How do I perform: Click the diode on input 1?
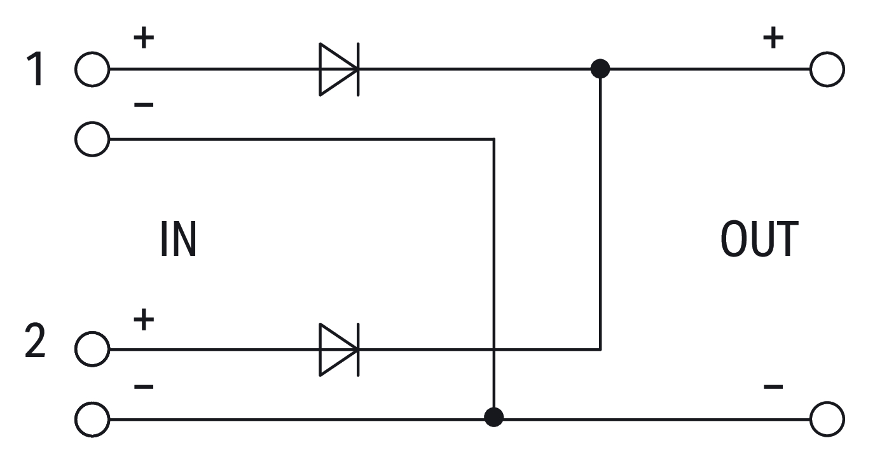point(338,69)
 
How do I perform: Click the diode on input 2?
point(338,349)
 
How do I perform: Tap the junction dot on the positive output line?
point(600,68)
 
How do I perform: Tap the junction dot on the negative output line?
point(493,418)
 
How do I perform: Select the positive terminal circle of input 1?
point(92,69)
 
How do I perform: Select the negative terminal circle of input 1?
point(92,138)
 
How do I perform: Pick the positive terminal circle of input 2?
point(92,349)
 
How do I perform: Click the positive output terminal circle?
point(827,69)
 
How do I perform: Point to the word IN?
point(178,240)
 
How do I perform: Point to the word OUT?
point(759,240)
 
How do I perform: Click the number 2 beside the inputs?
point(36,342)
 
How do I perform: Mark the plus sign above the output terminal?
point(773,39)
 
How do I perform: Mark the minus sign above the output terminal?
point(773,386)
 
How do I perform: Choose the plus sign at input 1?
point(144,39)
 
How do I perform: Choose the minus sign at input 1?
point(144,104)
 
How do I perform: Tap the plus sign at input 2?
point(144,319)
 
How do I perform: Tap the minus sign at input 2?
point(144,386)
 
